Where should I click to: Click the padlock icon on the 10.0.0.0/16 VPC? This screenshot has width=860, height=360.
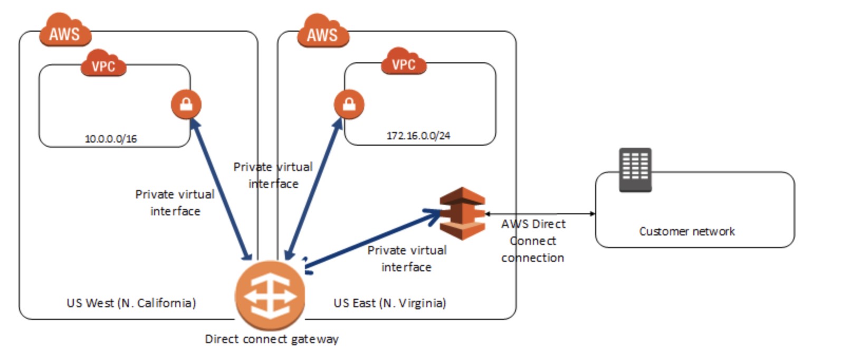tap(186, 104)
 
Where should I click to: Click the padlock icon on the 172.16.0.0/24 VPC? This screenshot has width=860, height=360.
tap(349, 104)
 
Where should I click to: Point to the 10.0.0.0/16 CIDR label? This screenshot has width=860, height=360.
tap(111, 139)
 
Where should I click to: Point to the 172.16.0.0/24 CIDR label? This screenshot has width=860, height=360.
tap(418, 136)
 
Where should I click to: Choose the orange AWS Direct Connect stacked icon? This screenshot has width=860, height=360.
tap(462, 213)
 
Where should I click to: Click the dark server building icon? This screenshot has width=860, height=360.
tap(635, 169)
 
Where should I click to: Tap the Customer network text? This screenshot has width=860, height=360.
tap(687, 231)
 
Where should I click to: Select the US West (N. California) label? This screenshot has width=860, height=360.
tap(131, 303)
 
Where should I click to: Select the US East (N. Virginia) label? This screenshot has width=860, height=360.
tap(390, 303)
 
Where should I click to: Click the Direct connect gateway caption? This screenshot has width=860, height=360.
tap(272, 339)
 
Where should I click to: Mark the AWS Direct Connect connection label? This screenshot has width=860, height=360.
tap(533, 241)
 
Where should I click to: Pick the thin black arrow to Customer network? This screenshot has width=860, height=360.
tap(540, 214)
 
